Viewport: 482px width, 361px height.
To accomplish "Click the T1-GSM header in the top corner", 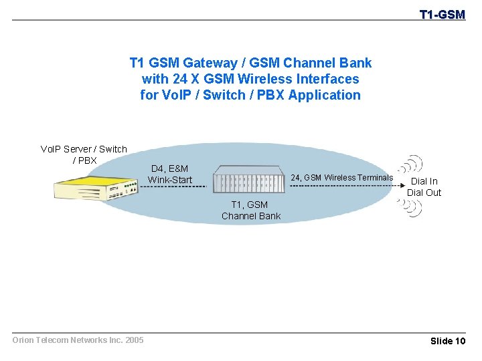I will (442, 14).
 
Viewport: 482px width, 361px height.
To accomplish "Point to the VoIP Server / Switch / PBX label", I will (84, 154).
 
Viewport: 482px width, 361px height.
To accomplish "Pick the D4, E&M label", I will (169, 169).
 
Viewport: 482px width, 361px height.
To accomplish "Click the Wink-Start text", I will (169, 180).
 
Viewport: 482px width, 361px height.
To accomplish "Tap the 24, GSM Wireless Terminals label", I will (341, 177).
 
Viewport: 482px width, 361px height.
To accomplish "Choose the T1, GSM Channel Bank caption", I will (251, 211).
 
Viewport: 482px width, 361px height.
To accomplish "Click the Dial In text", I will (424, 181).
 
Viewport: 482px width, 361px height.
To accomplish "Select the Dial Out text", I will (424, 193).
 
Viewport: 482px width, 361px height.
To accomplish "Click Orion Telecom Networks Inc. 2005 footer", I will (78, 340).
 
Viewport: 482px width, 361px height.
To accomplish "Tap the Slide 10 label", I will (447, 341).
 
